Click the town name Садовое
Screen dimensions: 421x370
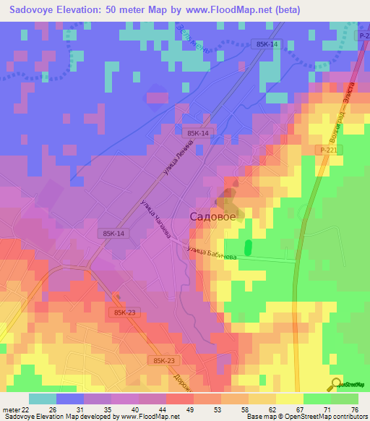coord(212,216)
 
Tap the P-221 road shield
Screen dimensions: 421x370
coord(330,150)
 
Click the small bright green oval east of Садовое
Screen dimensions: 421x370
coord(249,247)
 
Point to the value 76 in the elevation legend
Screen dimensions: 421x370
coord(355,409)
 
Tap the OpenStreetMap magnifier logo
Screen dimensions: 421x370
coord(336,383)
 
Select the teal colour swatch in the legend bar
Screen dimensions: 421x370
coord(43,399)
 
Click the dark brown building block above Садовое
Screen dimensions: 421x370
coord(228,194)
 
